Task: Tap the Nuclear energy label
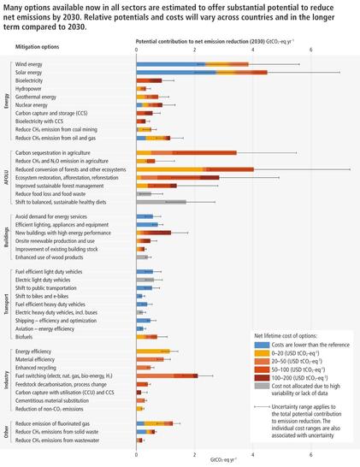click(34, 104)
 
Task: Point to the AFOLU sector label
click(8, 177)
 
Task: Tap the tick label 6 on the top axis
click(311, 49)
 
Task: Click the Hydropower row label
click(29, 88)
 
